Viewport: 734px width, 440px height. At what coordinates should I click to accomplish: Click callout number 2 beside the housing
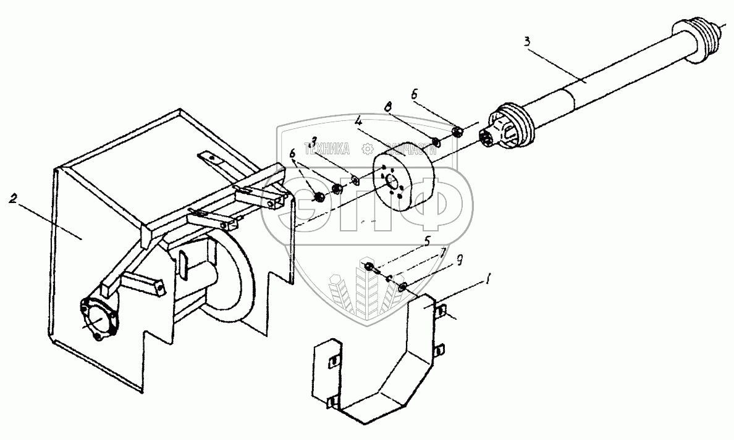click(x=13, y=199)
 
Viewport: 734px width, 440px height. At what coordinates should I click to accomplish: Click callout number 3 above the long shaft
click(x=527, y=42)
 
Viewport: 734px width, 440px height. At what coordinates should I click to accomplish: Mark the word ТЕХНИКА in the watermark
click(x=326, y=149)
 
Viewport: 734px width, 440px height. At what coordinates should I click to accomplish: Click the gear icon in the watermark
click(x=367, y=149)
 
